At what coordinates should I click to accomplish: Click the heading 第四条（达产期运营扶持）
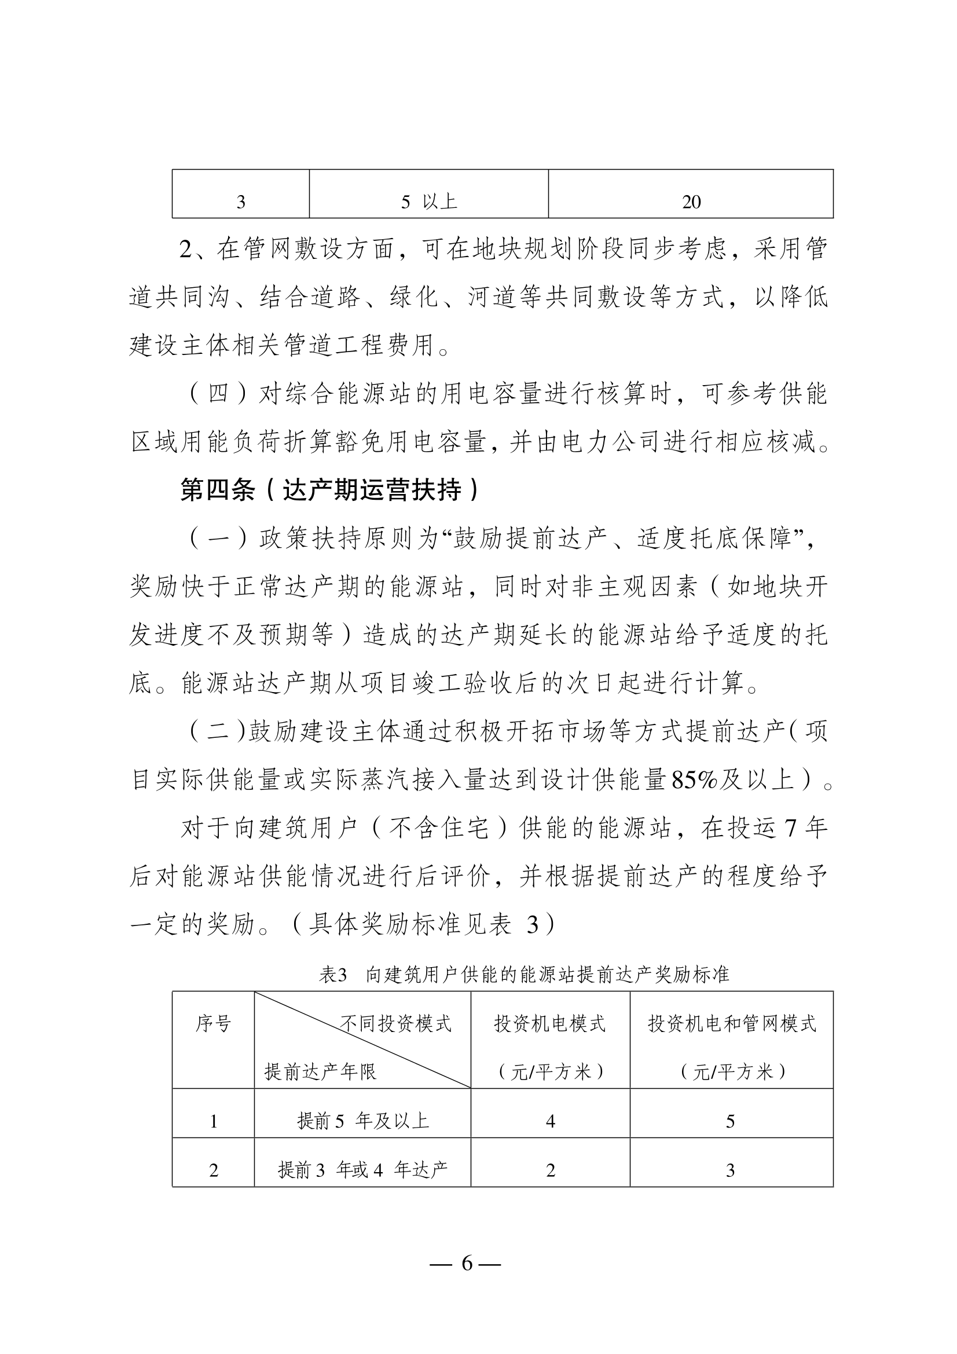(330, 489)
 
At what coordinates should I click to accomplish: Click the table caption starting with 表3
(523, 974)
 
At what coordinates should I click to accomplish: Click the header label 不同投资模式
(395, 1024)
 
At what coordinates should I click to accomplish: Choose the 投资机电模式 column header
(549, 1024)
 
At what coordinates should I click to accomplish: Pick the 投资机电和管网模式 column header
(732, 1024)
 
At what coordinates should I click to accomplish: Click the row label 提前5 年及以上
(362, 1121)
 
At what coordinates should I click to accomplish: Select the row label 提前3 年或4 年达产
(362, 1169)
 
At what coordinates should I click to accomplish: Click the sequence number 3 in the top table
(241, 202)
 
